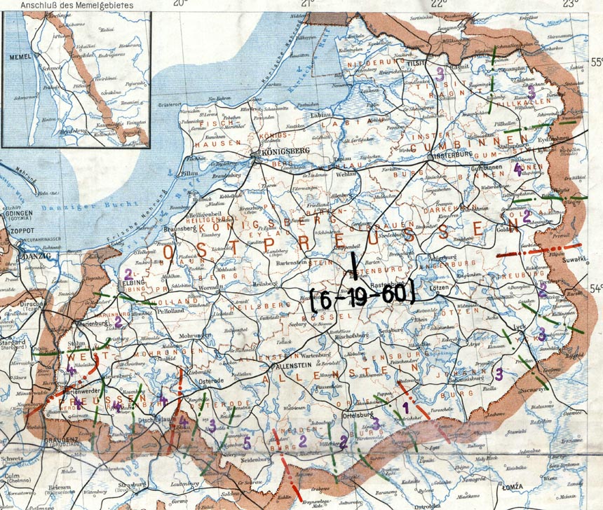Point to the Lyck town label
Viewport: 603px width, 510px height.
pyautogui.click(x=520, y=327)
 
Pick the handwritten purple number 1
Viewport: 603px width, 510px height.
pyautogui.click(x=405, y=405)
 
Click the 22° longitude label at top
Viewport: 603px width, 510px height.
pyautogui.click(x=439, y=4)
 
